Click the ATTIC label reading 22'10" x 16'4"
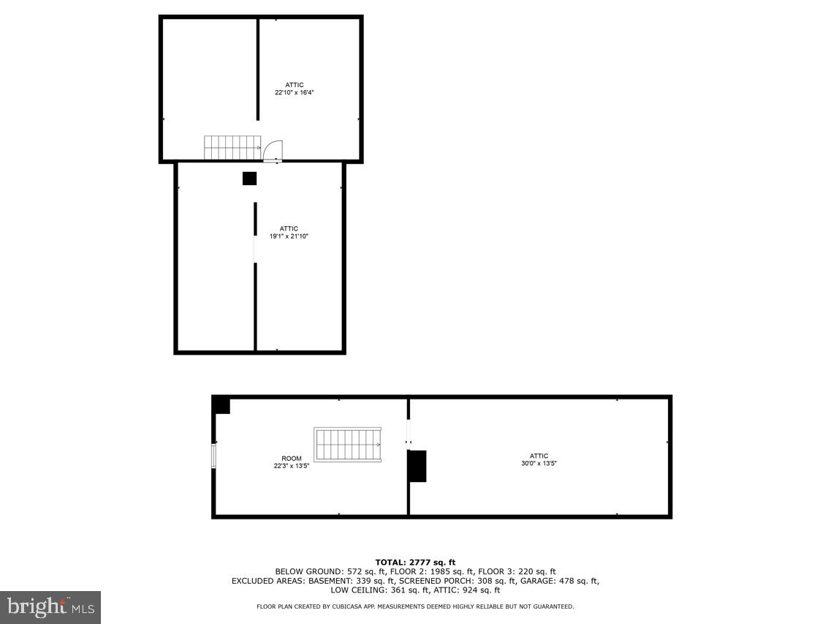click(295, 89)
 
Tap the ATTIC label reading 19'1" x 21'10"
click(289, 232)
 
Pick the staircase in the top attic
click(232, 147)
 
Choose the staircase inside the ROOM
click(348, 445)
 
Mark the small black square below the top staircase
click(250, 178)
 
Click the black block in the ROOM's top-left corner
click(221, 405)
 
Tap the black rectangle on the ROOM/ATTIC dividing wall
click(417, 466)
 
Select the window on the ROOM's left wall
click(214, 454)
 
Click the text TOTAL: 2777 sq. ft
click(415, 562)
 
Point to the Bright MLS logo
click(50, 606)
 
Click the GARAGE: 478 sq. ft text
click(567, 581)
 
